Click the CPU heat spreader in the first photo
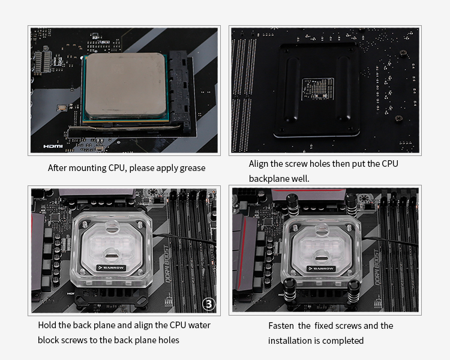coord(126,86)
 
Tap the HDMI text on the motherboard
coord(53,146)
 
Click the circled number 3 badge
coord(209,304)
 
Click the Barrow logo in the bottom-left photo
coord(111,268)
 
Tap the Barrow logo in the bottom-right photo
coord(322,269)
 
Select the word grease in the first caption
coord(192,168)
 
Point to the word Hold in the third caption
coord(47,325)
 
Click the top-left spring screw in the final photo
coord(292,205)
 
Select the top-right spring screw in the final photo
coord(352,205)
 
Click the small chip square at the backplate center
coord(318,89)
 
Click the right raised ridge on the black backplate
coord(343,89)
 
